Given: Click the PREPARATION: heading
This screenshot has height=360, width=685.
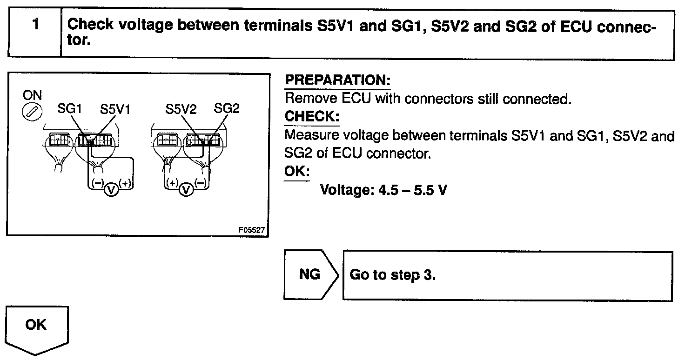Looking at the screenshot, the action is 337,80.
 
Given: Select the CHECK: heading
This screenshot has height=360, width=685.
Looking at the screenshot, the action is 312,116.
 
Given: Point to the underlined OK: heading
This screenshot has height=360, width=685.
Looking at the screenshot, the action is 296,171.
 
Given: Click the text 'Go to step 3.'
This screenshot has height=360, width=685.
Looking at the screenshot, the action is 392,275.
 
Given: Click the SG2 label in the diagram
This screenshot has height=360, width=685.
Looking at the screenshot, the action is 227,109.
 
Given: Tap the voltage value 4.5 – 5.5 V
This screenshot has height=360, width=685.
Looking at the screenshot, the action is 383,190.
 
